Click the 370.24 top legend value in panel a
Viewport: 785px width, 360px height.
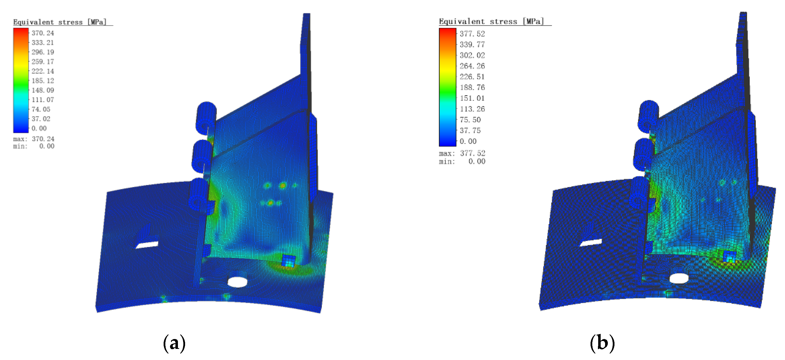43,33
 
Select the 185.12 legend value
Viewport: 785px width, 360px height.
43,81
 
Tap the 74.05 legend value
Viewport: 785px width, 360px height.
41,109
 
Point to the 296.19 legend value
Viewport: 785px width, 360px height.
43,52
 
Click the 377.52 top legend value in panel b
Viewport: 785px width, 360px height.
472,34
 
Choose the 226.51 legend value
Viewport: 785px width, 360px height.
472,77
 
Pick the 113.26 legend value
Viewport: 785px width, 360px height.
472,109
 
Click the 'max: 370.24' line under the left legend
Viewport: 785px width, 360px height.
34,139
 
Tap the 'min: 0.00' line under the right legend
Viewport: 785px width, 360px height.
462,161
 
